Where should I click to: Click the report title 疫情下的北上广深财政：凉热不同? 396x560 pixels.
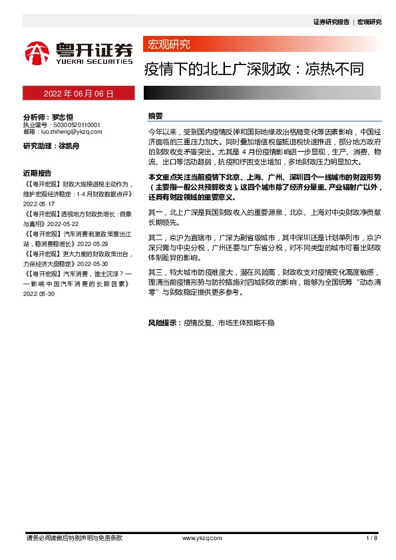click(x=255, y=69)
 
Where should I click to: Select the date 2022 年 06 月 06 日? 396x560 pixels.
click(x=79, y=94)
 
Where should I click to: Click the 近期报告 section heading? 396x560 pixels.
click(x=37, y=170)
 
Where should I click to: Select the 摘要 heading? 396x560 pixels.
click(x=156, y=116)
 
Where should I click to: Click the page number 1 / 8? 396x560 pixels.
click(x=372, y=537)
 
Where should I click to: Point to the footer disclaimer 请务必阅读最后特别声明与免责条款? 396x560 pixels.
click(x=73, y=537)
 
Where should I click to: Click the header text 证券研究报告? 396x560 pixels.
click(x=331, y=22)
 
